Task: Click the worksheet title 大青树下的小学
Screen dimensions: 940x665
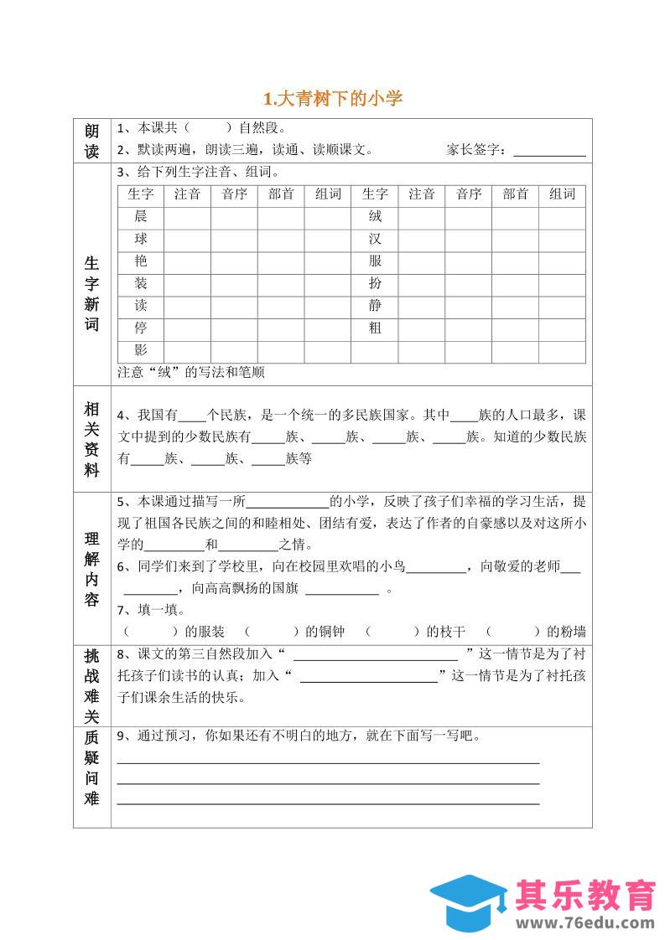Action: point(333,99)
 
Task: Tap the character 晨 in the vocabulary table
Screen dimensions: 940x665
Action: point(140,216)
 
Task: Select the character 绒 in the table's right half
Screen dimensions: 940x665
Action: point(375,216)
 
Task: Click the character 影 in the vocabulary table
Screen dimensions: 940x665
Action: point(140,351)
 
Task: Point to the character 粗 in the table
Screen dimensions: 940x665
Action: point(375,328)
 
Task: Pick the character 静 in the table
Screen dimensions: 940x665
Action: point(375,306)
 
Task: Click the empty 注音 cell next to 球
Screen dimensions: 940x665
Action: point(187,239)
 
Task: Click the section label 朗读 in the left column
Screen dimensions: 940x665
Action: point(92,141)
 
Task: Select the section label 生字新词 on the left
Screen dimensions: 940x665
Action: point(92,293)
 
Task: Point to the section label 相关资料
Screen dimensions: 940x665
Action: point(92,440)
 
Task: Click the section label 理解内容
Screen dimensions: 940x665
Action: point(92,569)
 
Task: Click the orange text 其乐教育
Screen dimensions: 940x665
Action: point(586,895)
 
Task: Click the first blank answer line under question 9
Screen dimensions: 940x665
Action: point(328,762)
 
